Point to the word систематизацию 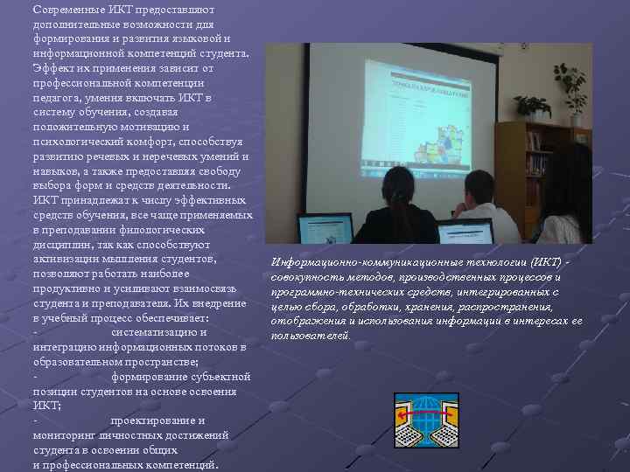[159, 332]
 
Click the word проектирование [158, 420]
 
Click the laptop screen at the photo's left [325, 229]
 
